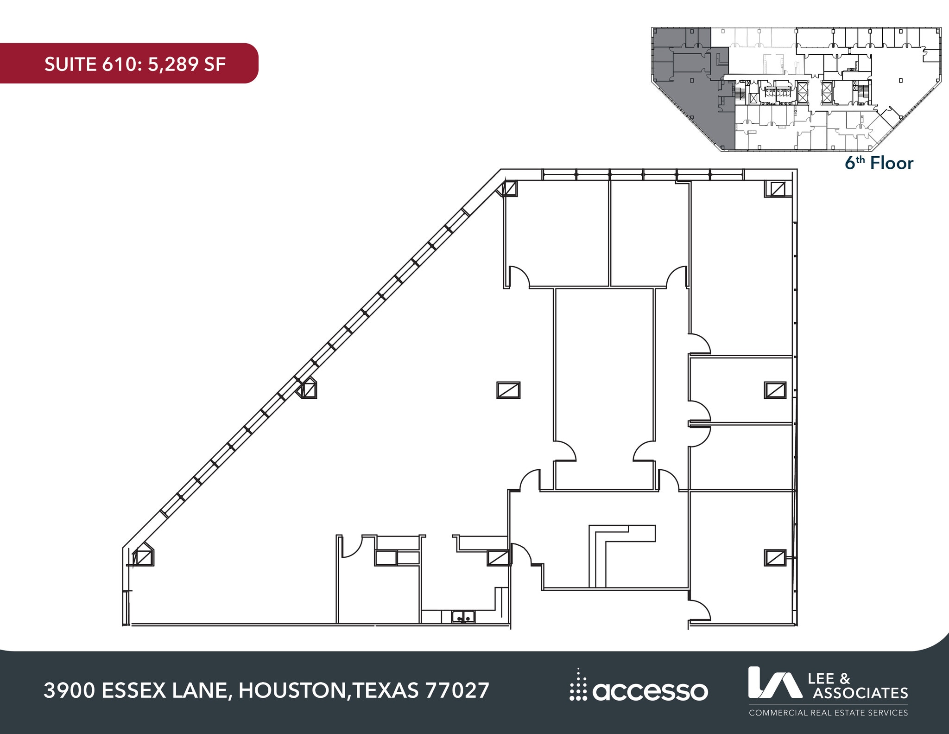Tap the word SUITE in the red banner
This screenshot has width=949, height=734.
70,64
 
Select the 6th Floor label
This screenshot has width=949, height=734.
879,163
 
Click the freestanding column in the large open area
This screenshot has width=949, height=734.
508,390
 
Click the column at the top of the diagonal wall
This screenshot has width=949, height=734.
509,188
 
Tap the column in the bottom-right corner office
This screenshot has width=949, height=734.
775,558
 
